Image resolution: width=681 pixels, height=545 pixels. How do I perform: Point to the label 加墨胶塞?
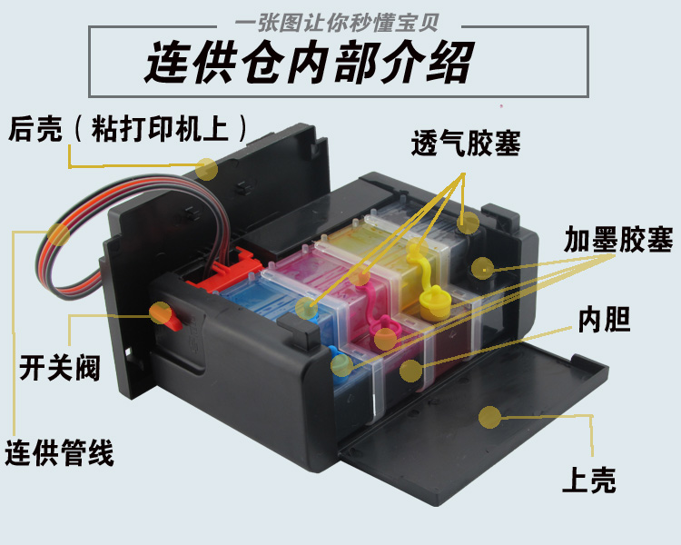(x=617, y=241)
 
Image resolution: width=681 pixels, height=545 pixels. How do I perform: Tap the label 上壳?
(x=589, y=479)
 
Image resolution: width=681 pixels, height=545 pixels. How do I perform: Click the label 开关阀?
(x=59, y=369)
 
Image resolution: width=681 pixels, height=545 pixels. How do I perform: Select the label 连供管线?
(x=60, y=451)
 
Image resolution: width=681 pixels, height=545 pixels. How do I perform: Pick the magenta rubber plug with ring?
(x=385, y=326)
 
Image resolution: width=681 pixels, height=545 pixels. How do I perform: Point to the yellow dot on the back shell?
(x=207, y=168)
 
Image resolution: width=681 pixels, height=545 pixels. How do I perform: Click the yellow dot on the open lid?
(x=490, y=418)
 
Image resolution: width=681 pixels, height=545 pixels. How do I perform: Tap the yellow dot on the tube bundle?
(x=58, y=235)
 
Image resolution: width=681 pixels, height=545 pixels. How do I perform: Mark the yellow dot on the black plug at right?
(x=482, y=268)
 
